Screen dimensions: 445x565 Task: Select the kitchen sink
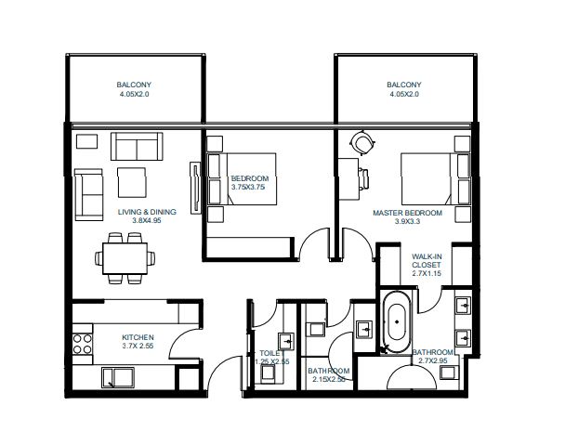pos(120,376)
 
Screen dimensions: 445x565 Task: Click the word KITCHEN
pos(138,337)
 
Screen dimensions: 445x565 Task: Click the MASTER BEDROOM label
pos(407,213)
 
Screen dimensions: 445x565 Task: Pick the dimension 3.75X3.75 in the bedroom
pos(249,187)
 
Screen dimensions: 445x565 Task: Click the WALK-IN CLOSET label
pos(426,259)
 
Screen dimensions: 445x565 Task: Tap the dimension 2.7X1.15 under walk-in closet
pos(426,276)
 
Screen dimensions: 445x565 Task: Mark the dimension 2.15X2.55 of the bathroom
pos(327,380)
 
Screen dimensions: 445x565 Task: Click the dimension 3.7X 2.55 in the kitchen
pos(138,347)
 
